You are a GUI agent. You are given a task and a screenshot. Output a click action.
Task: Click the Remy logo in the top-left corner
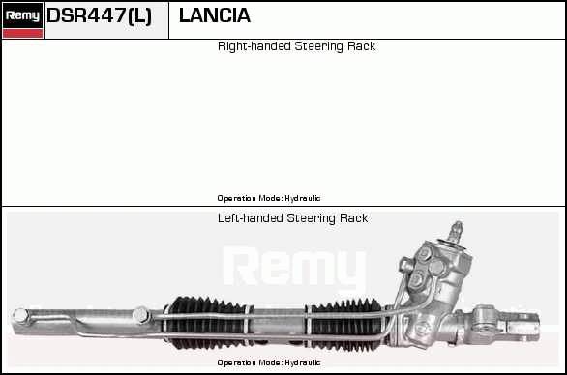point(22,15)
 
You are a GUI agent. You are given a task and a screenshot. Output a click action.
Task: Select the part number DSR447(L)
point(99,15)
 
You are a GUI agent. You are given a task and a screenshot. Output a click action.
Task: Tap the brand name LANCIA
point(215,15)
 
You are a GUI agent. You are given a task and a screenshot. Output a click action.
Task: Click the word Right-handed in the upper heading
point(254,46)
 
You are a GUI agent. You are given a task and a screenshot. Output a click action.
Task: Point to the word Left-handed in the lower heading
point(251,218)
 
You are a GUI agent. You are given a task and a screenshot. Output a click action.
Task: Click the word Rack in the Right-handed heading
point(361,46)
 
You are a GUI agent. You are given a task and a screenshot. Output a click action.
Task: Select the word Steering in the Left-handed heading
point(311,218)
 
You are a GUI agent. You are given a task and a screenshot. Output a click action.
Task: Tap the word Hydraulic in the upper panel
point(302,198)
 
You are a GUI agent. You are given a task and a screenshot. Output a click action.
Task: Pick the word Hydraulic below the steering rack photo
point(302,362)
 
